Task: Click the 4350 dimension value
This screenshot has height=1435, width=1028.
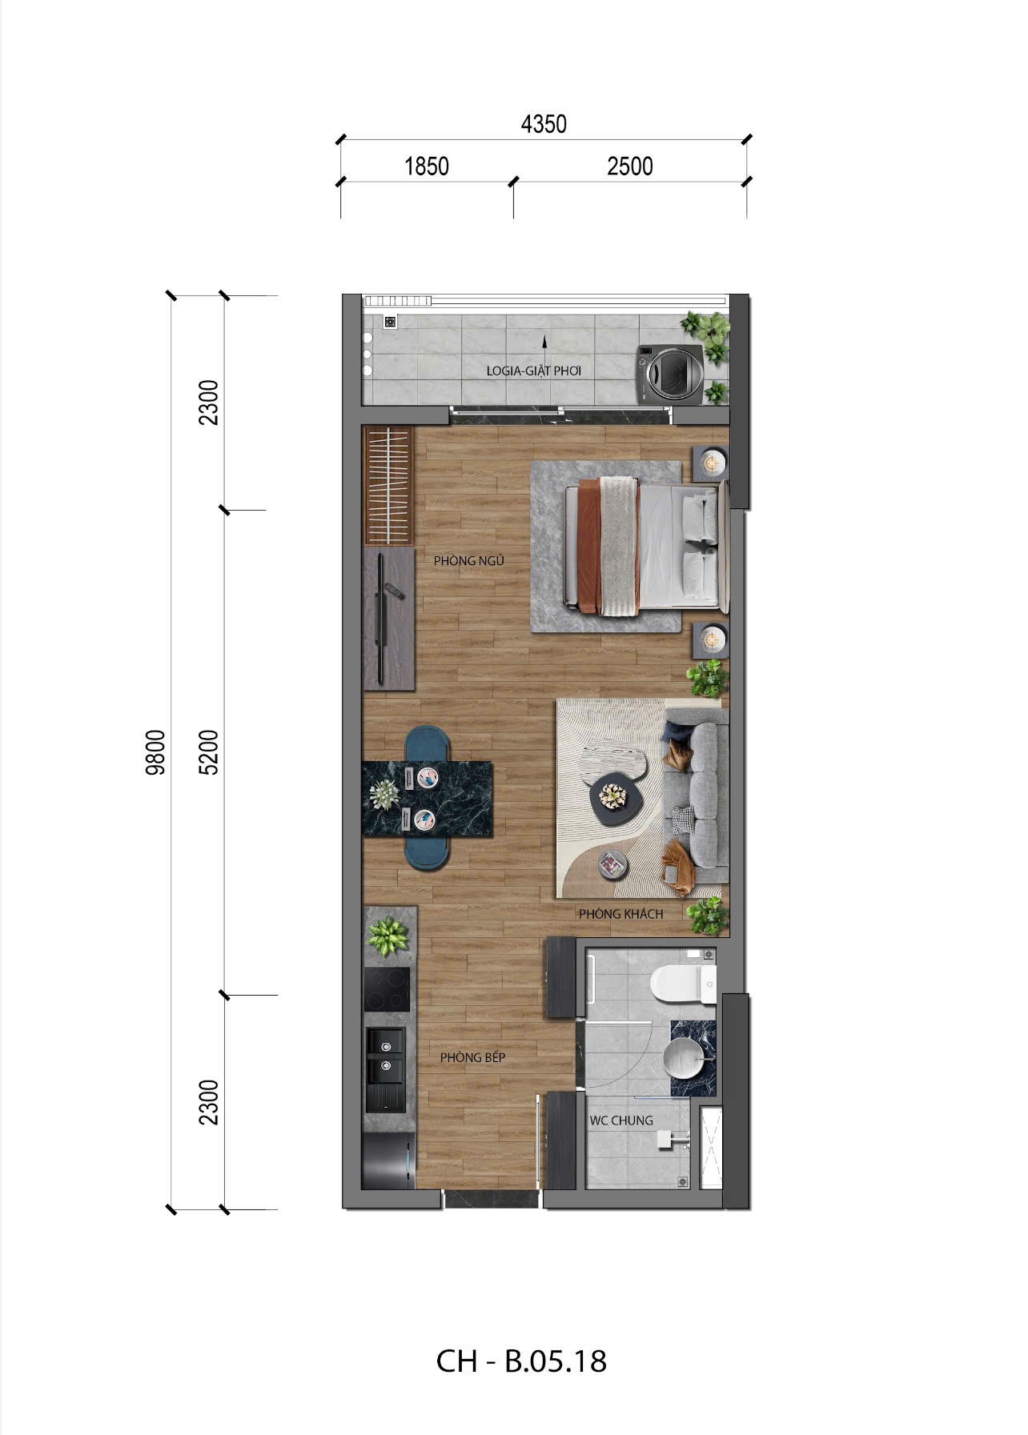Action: (544, 124)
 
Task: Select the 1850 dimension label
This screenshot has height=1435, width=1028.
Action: (427, 166)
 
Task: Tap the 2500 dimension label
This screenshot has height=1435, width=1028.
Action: (630, 166)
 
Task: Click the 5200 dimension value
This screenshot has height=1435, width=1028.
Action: (210, 752)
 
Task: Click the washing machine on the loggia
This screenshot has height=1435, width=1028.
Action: (669, 373)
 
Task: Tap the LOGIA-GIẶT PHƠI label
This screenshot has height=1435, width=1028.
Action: (533, 371)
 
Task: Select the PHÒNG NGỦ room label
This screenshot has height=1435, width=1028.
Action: (469, 561)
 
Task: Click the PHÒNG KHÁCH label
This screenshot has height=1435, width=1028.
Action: (621, 914)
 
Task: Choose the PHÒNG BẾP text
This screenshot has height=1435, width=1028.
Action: (472, 1057)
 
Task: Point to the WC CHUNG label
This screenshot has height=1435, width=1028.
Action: (621, 1120)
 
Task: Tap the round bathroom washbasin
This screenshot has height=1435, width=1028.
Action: (687, 1060)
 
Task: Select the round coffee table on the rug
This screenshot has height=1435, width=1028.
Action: (612, 800)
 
